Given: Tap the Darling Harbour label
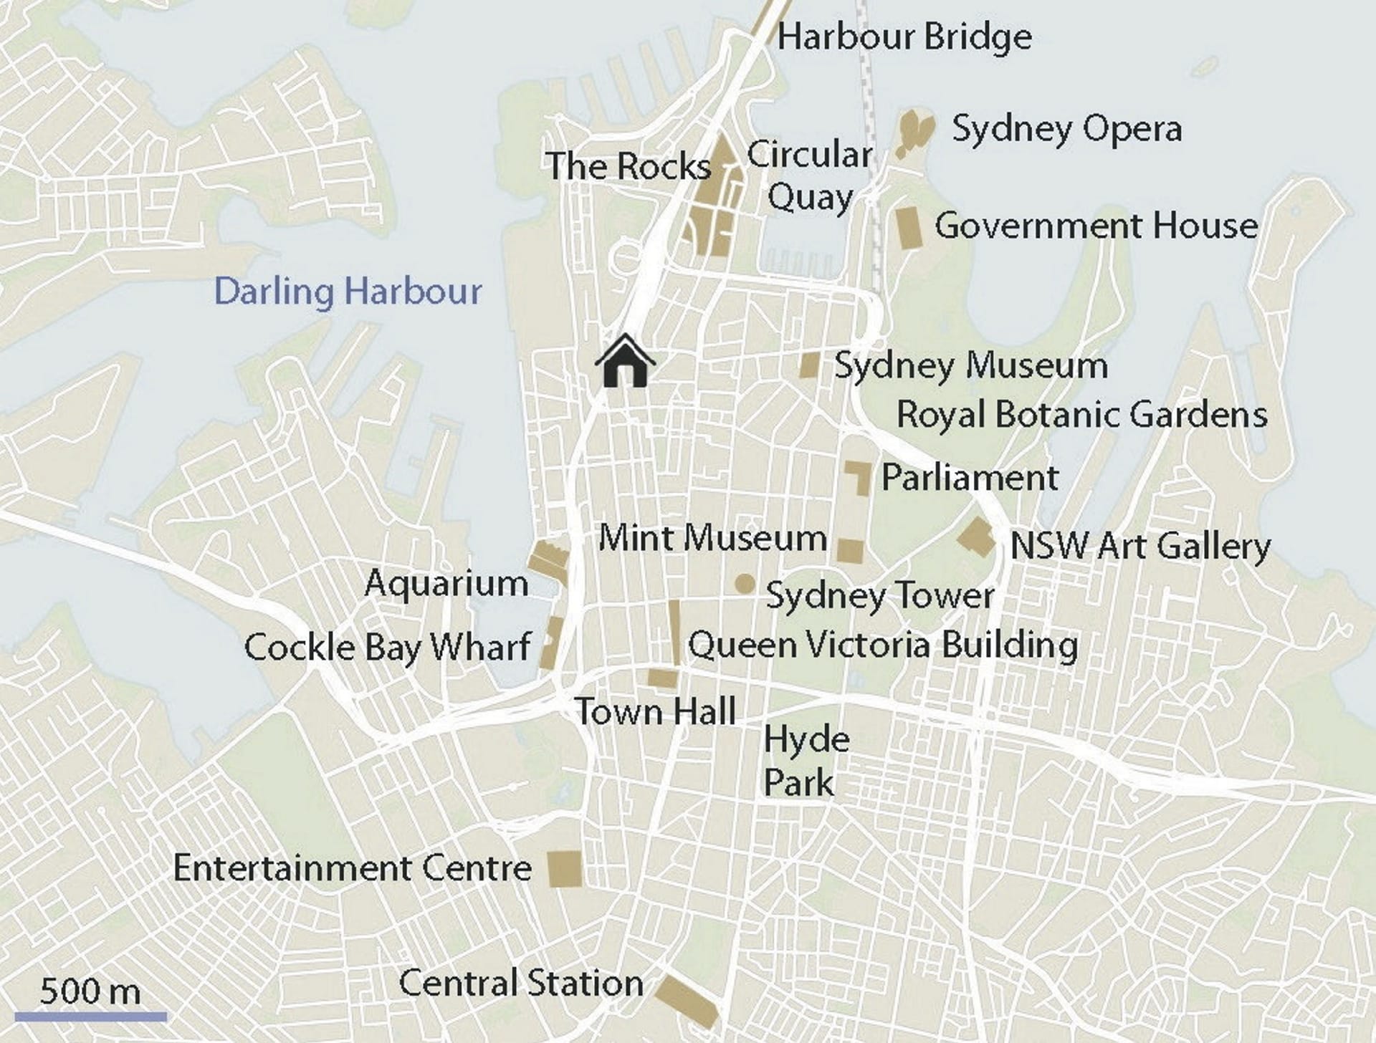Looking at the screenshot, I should [x=348, y=292].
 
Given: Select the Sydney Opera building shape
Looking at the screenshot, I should [x=915, y=133].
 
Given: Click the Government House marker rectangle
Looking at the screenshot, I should [x=909, y=228].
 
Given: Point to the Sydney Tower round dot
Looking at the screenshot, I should [x=745, y=584].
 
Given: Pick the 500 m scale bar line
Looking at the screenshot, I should [x=90, y=1016].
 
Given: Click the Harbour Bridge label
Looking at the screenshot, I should [x=904, y=37].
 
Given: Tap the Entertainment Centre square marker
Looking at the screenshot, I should [x=565, y=869].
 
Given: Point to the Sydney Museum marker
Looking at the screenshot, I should [x=809, y=365].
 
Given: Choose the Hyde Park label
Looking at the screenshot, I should [x=806, y=761].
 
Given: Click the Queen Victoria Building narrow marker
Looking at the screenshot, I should [x=674, y=633].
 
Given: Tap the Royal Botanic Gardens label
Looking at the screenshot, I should [x=1081, y=415].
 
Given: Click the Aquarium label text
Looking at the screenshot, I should [x=446, y=583].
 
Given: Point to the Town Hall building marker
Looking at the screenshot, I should [x=663, y=678].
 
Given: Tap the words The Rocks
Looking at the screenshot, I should [x=628, y=166].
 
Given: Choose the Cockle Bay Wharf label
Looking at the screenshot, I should [x=387, y=648].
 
